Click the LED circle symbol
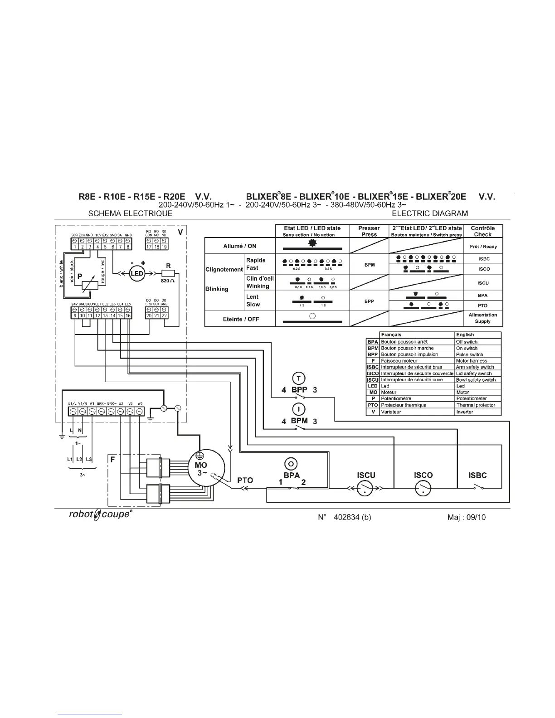coord(137,273)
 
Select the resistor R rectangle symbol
coord(169,273)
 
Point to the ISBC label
coord(477,475)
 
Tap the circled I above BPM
coord(298,409)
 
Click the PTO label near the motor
coord(245,480)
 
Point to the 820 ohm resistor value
coord(168,281)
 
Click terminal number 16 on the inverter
coord(128,315)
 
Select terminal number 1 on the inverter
coord(75,247)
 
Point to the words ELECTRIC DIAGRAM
coord(430,213)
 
